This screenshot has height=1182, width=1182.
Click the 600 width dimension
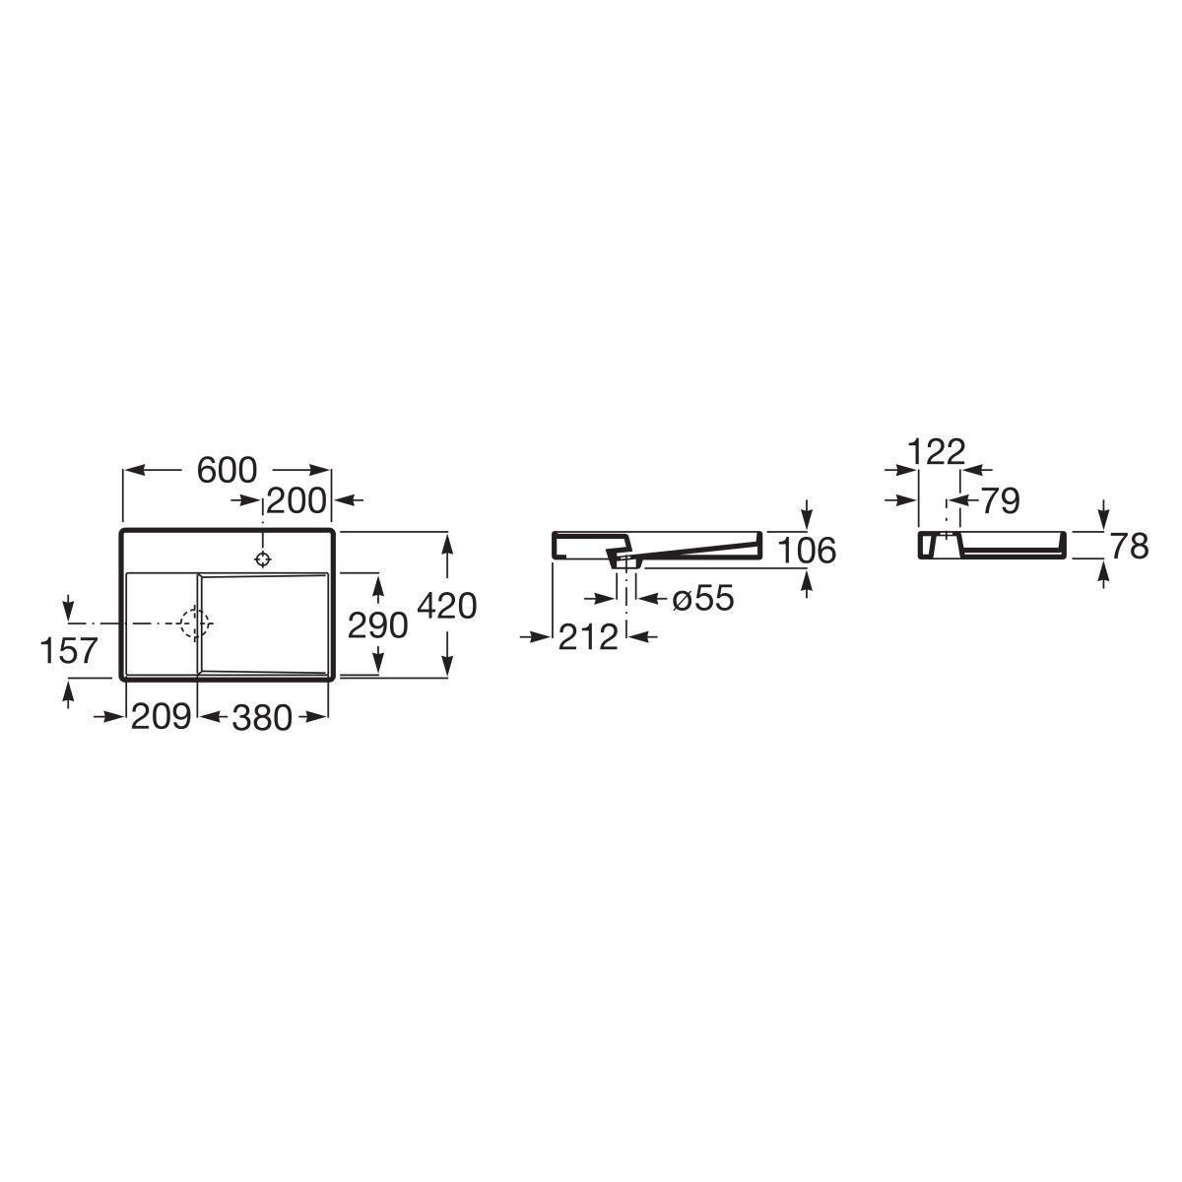click(x=227, y=471)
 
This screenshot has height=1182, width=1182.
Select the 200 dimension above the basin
click(x=296, y=501)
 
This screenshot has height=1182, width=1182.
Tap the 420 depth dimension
click(x=446, y=606)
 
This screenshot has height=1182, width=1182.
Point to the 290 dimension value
click(x=378, y=625)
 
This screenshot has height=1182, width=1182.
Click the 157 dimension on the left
click(x=69, y=651)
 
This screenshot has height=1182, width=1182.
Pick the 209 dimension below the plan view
click(x=161, y=716)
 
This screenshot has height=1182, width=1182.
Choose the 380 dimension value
click(x=262, y=717)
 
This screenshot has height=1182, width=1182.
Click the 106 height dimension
click(x=807, y=551)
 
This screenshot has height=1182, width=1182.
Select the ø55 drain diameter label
click(x=703, y=598)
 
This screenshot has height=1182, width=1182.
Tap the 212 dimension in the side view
click(x=588, y=637)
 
